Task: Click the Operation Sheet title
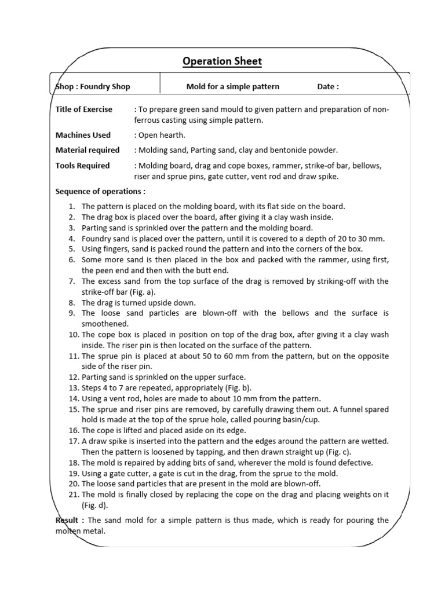coord(222,61)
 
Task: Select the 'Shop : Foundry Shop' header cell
coord(93,87)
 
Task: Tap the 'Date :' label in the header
coord(328,87)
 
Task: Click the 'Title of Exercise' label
coord(84,109)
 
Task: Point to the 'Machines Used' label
coord(83,135)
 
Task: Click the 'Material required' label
coord(87,150)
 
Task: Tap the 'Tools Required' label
coord(82,166)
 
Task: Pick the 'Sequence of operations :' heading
coord(100,191)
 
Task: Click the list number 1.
coord(71,206)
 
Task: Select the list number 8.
coord(71,303)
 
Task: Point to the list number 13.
coord(73,388)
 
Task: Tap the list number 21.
coord(73,495)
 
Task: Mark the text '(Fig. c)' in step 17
coord(338,452)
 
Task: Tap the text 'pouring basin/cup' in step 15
coord(286,420)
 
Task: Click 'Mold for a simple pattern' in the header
coord(233,87)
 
